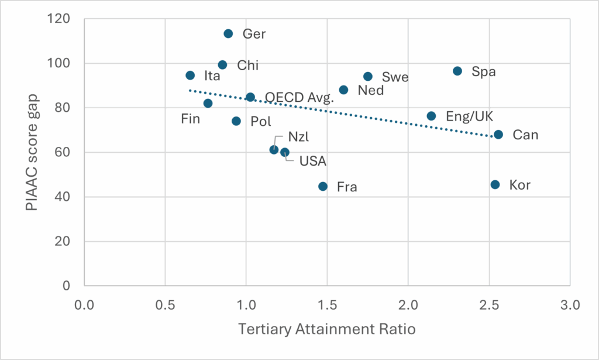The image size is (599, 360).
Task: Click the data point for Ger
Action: [228, 34]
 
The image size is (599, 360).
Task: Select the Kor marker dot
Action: [495, 184]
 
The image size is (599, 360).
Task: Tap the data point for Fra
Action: [323, 186]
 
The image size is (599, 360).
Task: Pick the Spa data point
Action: [457, 71]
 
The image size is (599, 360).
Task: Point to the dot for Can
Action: [498, 135]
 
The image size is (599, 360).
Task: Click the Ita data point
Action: [190, 76]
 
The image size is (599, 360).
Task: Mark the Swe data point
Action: [368, 77]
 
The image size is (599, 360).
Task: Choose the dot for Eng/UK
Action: [431, 116]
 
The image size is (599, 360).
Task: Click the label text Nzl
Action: [298, 137]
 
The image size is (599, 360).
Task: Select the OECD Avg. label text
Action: [299, 97]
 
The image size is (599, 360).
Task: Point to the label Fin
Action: [190, 119]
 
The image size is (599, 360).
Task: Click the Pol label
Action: [260, 122]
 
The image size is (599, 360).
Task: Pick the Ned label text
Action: [370, 90]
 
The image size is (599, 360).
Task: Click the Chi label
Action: [247, 65]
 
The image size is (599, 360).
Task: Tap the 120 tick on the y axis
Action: [60, 19]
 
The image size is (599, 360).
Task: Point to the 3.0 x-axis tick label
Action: [570, 306]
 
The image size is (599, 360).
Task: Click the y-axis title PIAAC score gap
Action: [33, 152]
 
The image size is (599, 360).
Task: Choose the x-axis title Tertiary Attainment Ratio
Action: [327, 330]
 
